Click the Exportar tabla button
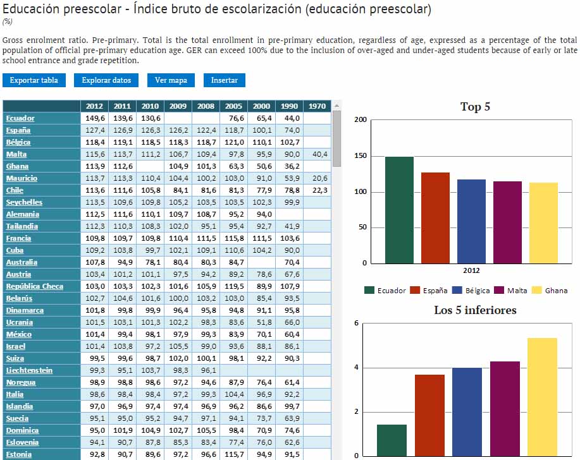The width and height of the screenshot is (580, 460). [34, 80]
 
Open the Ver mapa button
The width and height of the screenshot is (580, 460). [171, 80]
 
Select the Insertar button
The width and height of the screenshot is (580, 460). [225, 80]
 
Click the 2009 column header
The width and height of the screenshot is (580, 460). [178, 106]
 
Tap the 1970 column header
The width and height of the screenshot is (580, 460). [316, 106]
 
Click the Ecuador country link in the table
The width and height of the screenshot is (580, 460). [20, 118]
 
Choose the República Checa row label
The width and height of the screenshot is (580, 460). [35, 286]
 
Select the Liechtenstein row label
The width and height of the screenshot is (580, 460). [29, 370]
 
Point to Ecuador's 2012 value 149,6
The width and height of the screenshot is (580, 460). [94, 118]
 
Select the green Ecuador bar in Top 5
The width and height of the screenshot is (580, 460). [399, 210]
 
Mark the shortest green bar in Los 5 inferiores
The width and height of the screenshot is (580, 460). [392, 440]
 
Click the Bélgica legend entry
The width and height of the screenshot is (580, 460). [472, 291]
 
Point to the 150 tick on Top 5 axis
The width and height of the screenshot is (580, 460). [360, 156]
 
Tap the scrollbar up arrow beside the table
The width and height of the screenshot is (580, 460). [336, 106]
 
